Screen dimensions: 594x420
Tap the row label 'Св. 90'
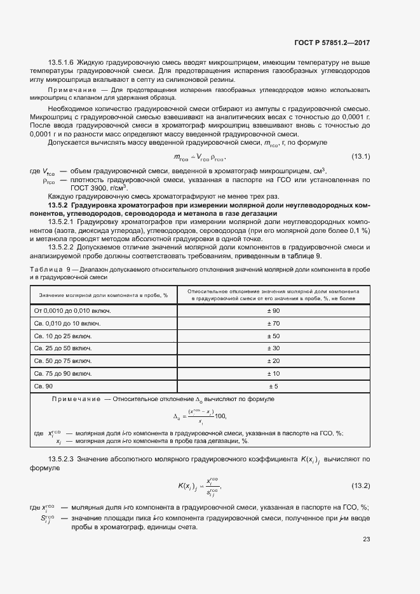43,386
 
